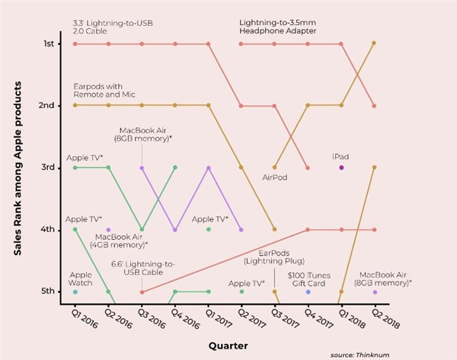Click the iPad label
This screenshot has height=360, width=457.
[341, 156]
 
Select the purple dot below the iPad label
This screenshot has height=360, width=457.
[341, 167]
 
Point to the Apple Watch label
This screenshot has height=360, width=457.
[81, 278]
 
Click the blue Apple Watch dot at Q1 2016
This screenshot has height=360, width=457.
[75, 292]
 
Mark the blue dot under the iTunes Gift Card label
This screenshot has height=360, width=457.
[308, 292]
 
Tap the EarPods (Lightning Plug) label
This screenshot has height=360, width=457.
[273, 256]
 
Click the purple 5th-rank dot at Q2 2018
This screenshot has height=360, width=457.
[374, 292]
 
